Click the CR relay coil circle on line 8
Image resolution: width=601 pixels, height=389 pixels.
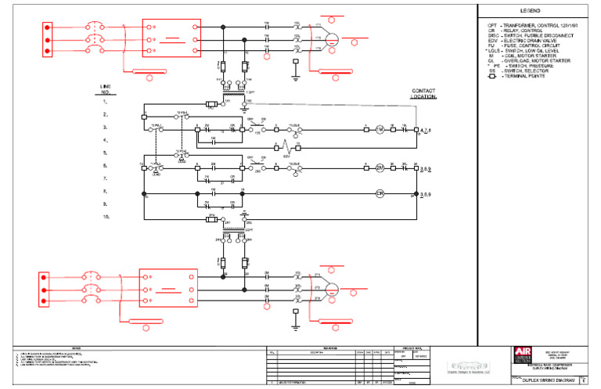[x=380, y=193]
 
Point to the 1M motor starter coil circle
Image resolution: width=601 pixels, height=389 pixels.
[x=380, y=128]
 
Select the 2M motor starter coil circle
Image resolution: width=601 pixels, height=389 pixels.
[x=380, y=167]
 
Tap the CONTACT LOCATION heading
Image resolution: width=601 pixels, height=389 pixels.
[x=423, y=93]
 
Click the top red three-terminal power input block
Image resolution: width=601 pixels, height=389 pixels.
[x=48, y=38]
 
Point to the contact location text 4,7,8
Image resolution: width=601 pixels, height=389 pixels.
[x=427, y=129]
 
